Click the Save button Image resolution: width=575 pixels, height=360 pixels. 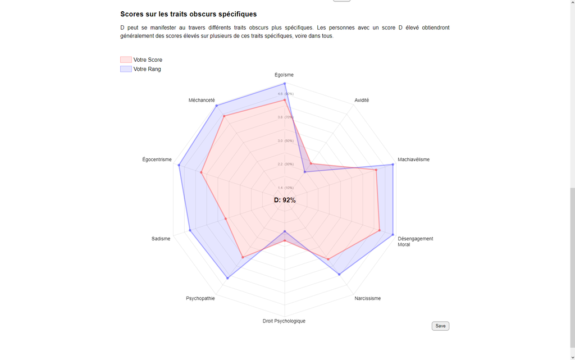coord(440,326)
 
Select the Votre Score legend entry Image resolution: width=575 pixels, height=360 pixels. coord(142,60)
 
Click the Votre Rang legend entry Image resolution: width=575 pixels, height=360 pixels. coord(141,69)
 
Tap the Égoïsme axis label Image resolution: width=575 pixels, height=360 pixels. coord(284,75)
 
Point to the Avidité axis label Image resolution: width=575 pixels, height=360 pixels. coord(362,100)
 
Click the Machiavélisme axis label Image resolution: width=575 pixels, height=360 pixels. coord(413,160)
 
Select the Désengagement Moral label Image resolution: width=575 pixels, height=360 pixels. coord(415,241)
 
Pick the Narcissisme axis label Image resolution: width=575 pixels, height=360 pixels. coord(367,298)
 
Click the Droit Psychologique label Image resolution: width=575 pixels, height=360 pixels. coord(284,321)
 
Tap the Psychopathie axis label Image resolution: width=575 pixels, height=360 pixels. coord(200,298)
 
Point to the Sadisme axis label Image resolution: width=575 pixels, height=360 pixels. coord(161,239)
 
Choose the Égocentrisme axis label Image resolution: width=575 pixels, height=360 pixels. coord(157,160)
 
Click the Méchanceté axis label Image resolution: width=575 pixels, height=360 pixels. coord(202,100)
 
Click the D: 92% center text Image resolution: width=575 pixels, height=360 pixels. coord(285,200)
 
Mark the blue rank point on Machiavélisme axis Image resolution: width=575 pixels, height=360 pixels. coord(393,165)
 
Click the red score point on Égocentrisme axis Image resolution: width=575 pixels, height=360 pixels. coord(200,172)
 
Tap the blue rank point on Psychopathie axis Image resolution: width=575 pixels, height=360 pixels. coord(227,278)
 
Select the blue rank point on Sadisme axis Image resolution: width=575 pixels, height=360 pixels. coord(190,230)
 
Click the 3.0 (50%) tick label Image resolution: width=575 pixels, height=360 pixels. coord(285,140)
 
